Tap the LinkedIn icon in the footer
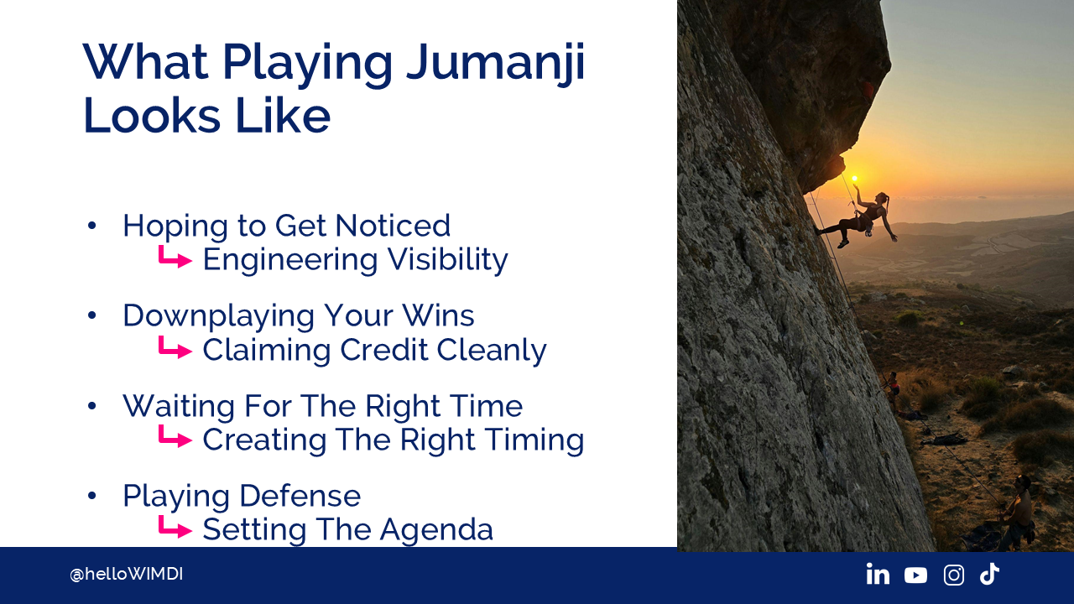[x=878, y=574]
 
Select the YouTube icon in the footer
[x=915, y=575]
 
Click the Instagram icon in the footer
[x=954, y=575]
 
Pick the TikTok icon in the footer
[x=989, y=574]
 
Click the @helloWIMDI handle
[x=126, y=575]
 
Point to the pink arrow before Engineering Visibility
[x=175, y=258]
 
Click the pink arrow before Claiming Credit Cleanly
[x=175, y=347]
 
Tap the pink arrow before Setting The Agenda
[x=175, y=528]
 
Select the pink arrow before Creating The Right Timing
[x=175, y=437]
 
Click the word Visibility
[x=447, y=261]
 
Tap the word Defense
[x=300, y=496]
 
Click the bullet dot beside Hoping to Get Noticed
[x=92, y=226]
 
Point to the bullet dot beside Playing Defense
[x=92, y=495]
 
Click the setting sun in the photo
[x=854, y=179]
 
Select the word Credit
[x=383, y=350]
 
